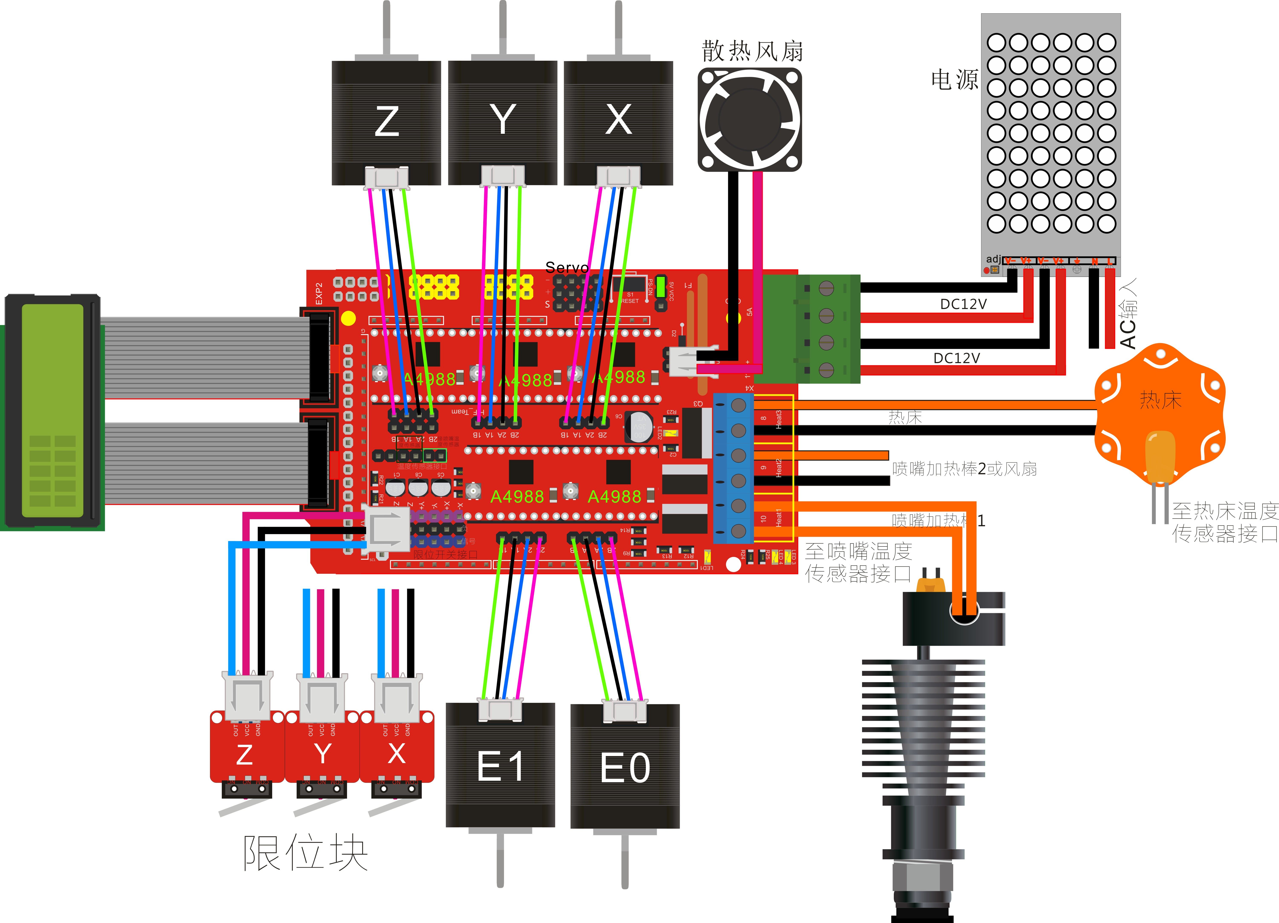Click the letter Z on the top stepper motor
click(387, 122)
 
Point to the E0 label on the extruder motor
click(625, 768)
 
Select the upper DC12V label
click(963, 304)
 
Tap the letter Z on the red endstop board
click(244, 755)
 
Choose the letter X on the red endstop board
click(396, 753)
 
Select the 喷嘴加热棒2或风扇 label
click(964, 469)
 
